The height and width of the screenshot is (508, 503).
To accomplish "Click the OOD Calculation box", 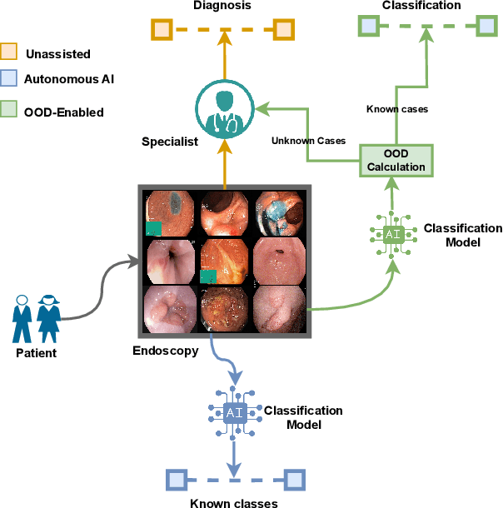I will click(396, 159).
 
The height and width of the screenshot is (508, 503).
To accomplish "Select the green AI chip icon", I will click(393, 234).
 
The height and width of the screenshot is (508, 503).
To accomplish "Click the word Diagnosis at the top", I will click(222, 6).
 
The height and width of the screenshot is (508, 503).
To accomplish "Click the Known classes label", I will click(233, 502).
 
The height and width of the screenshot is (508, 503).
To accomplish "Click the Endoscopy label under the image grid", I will click(167, 351).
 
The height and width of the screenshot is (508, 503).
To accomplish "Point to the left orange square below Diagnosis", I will click(162, 30).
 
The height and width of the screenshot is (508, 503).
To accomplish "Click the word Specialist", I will click(170, 142).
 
